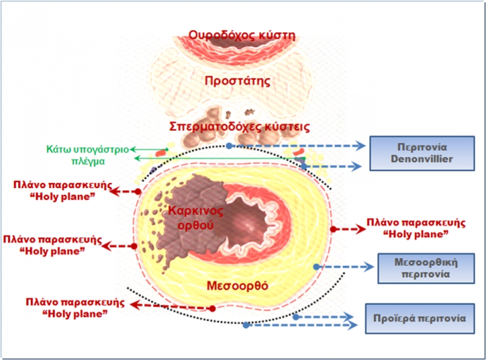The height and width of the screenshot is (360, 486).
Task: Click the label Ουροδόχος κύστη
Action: pyautogui.click(x=242, y=35)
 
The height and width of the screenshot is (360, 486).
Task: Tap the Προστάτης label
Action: pyautogui.click(x=238, y=81)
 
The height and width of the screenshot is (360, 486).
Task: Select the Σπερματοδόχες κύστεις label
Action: pyautogui.click(x=239, y=126)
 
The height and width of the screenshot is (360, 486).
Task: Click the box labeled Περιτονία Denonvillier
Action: pyautogui.click(x=422, y=153)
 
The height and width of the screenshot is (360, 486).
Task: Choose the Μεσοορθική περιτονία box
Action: pyautogui.click(x=426, y=268)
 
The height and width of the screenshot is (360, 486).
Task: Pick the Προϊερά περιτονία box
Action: pyautogui.click(x=420, y=318)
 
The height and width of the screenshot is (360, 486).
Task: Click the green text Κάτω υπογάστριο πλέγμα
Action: pyautogui.click(x=87, y=155)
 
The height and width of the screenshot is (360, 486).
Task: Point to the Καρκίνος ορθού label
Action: pyautogui.click(x=195, y=217)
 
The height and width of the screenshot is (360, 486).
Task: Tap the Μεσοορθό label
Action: pyautogui.click(x=237, y=285)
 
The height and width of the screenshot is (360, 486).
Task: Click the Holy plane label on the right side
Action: pyautogui.click(x=416, y=228)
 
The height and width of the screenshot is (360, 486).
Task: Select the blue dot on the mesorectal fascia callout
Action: pyautogui.click(x=316, y=266)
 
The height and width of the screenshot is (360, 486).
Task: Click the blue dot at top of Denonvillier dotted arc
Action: pyautogui.click(x=229, y=145)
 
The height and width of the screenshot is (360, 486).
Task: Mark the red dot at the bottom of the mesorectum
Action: pyautogui.click(x=212, y=309)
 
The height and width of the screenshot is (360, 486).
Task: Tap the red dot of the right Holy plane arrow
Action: pyautogui.click(x=333, y=229)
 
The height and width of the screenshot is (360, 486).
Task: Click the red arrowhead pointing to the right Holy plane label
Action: pyautogui.click(x=361, y=229)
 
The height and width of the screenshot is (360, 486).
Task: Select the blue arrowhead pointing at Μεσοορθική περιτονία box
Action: pyautogui.click(x=369, y=266)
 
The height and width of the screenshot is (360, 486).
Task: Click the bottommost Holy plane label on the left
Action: pyautogui.click(x=75, y=308)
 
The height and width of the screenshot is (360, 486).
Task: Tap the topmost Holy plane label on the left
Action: pyautogui.click(x=62, y=191)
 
